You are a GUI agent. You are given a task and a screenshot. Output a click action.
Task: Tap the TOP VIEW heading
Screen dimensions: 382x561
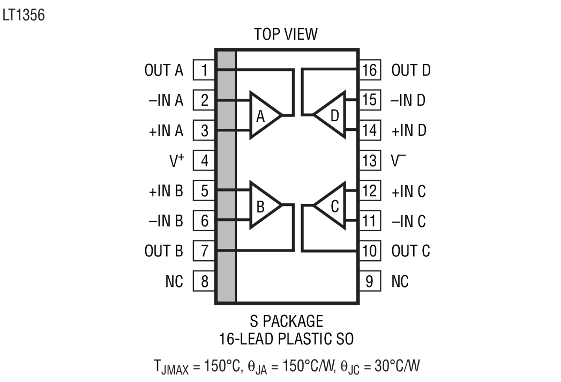click(286, 35)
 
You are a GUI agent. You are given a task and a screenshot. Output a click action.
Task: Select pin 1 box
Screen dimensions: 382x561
click(204, 70)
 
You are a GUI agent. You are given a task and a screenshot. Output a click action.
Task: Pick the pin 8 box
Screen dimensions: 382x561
click(204, 281)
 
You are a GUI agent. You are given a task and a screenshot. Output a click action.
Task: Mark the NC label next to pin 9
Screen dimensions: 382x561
click(400, 281)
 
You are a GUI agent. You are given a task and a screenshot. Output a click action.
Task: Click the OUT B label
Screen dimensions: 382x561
click(164, 251)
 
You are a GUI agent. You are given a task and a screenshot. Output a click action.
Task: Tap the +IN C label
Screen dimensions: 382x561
click(409, 191)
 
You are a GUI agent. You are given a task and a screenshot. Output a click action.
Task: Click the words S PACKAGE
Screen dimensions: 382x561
click(286, 321)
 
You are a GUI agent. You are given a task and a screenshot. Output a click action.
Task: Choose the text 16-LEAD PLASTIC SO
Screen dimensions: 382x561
click(286, 339)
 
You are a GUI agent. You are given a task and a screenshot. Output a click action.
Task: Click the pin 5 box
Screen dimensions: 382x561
click(204, 190)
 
